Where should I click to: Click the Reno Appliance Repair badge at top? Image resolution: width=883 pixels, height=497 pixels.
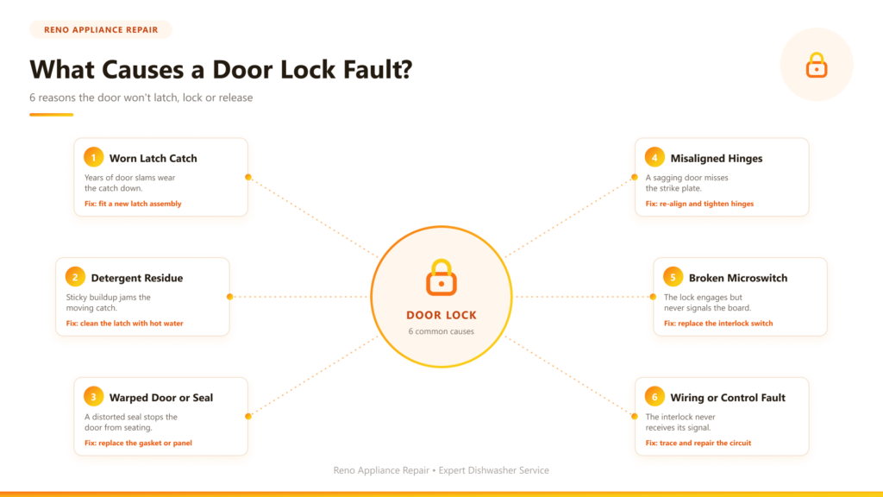101,30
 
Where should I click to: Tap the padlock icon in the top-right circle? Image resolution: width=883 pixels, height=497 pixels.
817,66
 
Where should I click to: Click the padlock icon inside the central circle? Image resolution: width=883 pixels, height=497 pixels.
441,278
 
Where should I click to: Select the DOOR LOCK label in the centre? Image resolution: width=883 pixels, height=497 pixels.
441,316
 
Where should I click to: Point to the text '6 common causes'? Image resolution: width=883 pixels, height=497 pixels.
441,331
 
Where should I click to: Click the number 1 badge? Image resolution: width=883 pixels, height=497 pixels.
93,157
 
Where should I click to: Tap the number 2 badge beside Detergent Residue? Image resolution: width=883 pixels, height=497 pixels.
75,277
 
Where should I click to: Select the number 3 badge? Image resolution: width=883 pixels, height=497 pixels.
93,397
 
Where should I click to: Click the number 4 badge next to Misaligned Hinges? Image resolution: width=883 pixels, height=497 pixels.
654,157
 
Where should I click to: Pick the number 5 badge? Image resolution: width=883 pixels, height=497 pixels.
673,277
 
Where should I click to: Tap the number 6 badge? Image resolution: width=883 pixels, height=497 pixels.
654,397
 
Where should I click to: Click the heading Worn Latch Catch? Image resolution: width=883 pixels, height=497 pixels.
153,159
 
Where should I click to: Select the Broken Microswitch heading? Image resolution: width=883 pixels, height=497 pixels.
738,278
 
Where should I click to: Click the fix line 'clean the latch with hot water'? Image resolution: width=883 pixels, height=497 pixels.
124,324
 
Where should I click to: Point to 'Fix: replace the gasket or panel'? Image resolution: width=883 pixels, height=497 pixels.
138,443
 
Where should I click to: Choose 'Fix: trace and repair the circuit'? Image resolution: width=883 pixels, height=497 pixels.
698,443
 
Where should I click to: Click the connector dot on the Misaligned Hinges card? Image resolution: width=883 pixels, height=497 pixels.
635,177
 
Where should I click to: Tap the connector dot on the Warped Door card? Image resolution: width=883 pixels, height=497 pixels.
248,417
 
